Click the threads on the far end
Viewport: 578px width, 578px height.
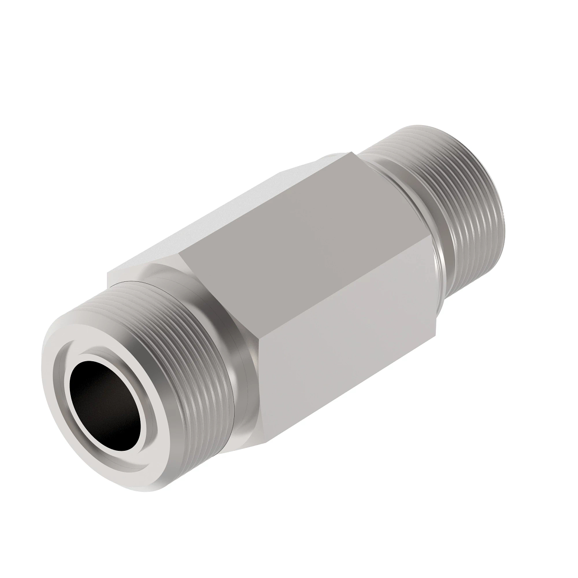pyautogui.click(x=462, y=202)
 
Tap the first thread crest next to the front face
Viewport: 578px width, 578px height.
pyautogui.click(x=144, y=313)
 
